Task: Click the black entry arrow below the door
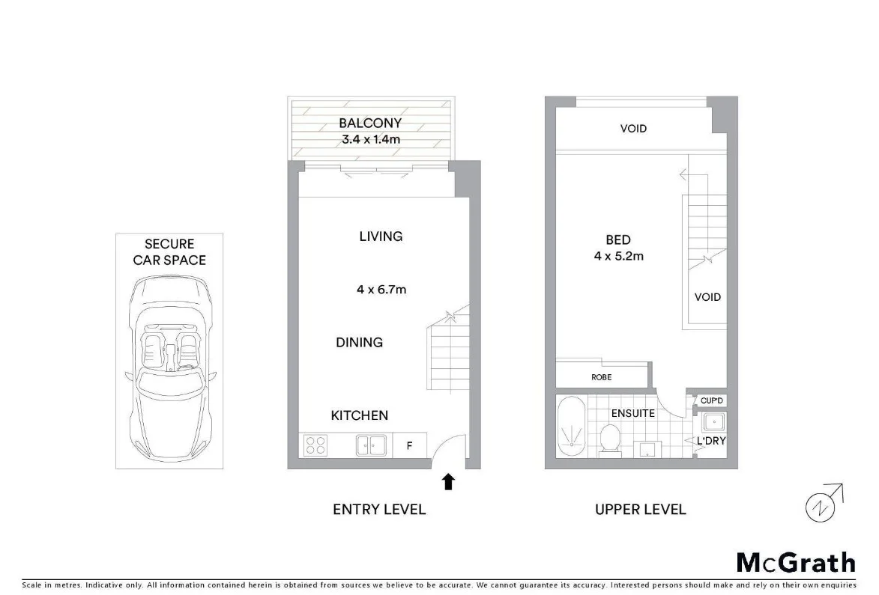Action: point(448,482)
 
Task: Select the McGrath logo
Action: point(796,563)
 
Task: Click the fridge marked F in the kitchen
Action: point(409,446)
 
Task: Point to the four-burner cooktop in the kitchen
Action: point(315,445)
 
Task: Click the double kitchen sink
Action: point(371,445)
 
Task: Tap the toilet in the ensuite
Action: point(611,440)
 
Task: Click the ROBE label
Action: point(601,377)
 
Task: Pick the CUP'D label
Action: point(711,401)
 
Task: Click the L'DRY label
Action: point(710,441)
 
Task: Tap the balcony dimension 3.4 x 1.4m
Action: point(369,140)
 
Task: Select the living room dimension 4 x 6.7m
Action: point(381,289)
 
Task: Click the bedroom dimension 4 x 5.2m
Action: point(618,256)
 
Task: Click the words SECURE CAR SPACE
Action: point(169,252)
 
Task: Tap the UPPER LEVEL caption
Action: point(640,510)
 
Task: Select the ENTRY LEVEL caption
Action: point(379,510)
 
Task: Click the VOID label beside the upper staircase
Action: point(707,297)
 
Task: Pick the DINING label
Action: point(359,343)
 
